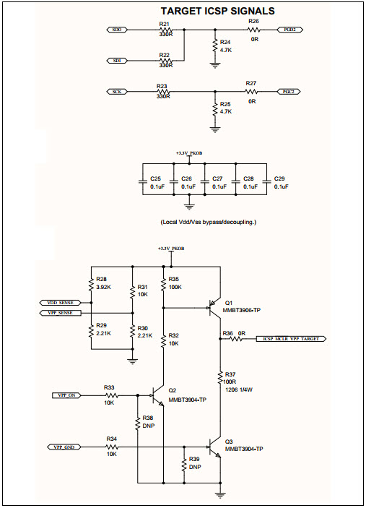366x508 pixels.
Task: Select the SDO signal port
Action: pyautogui.click(x=118, y=30)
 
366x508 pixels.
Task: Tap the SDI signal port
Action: pyautogui.click(x=118, y=60)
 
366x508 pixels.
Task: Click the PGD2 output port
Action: pyautogui.click(x=289, y=30)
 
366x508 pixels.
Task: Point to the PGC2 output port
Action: pyautogui.click(x=289, y=92)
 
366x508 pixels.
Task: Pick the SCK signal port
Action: pyautogui.click(x=117, y=92)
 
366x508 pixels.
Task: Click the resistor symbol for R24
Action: pyautogui.click(x=215, y=46)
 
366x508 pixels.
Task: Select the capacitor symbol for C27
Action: pyautogui.click(x=204, y=182)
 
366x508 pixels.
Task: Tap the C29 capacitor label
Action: pyautogui.click(x=281, y=178)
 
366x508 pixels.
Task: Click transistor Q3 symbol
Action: pyautogui.click(x=214, y=447)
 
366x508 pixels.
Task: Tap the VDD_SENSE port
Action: pyautogui.click(x=61, y=302)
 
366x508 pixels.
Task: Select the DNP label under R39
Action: pyautogui.click(x=194, y=467)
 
